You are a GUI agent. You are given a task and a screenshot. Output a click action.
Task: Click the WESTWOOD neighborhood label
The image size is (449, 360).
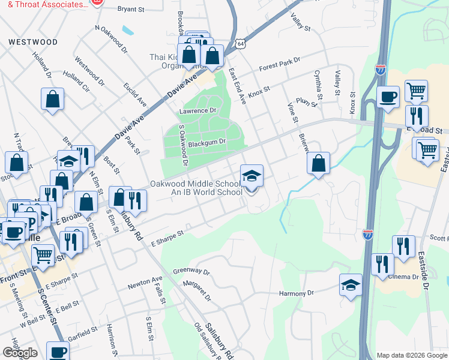pyautogui.click(x=33, y=43)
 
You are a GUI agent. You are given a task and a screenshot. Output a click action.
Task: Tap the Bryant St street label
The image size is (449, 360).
pyautogui.click(x=131, y=10)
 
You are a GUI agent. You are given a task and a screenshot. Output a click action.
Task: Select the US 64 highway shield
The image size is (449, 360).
pyautogui.click(x=240, y=44)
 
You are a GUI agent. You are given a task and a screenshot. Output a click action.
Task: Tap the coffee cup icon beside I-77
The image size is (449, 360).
pyautogui.click(x=388, y=97)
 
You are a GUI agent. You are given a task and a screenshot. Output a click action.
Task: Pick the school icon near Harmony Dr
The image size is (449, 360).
pyautogui.click(x=351, y=285)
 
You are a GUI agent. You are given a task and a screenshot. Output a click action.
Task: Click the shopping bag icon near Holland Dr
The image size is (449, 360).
pyautogui.click(x=52, y=100)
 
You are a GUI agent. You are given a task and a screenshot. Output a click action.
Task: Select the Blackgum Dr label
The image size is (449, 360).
pyautogui.click(x=206, y=142)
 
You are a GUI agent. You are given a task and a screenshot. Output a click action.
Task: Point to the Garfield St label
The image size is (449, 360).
pyautogui.click(x=82, y=331)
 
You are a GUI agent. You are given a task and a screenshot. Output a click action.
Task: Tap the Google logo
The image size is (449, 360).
pyautogui.click(x=20, y=353)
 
